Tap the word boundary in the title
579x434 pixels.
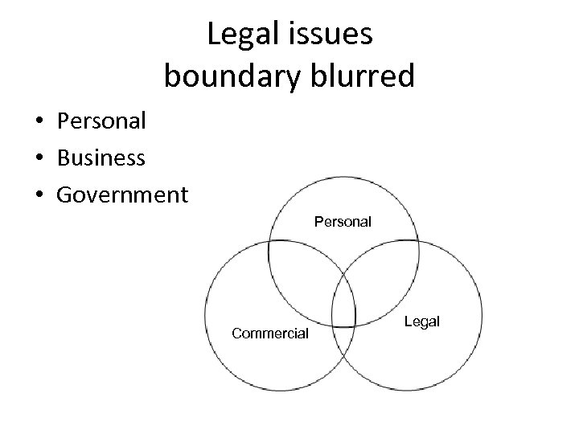point(227,76)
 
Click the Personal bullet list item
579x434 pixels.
point(101,121)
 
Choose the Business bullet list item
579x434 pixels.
point(101,158)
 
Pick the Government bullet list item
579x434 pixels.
point(122,194)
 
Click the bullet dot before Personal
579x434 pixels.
point(38,122)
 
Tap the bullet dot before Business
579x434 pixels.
point(38,158)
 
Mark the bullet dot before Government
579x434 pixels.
point(38,195)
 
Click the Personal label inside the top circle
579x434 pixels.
point(343,221)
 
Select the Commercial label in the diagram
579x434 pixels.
point(269,332)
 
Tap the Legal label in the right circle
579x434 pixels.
point(422,321)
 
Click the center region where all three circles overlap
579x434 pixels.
point(344,301)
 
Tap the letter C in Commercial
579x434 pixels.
point(236,332)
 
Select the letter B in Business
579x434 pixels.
point(64,158)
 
